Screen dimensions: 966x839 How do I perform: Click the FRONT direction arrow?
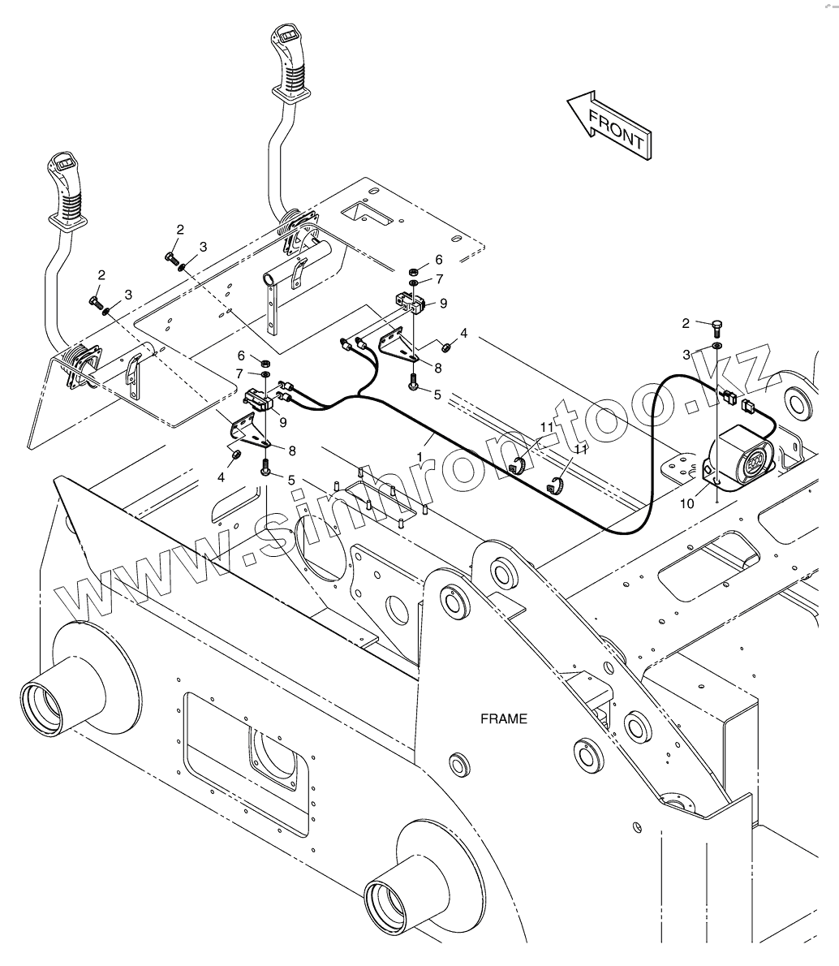pos(609,125)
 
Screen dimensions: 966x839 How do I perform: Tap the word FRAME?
pos(503,718)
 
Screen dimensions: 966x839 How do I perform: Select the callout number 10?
pos(687,503)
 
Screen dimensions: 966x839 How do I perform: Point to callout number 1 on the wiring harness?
pos(419,458)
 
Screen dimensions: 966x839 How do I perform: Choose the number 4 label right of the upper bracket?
pos(463,333)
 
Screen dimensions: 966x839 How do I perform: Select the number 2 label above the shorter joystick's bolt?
pos(101,274)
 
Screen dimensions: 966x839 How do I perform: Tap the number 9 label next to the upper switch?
pos(443,304)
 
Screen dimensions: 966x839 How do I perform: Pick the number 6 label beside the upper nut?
pos(439,260)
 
